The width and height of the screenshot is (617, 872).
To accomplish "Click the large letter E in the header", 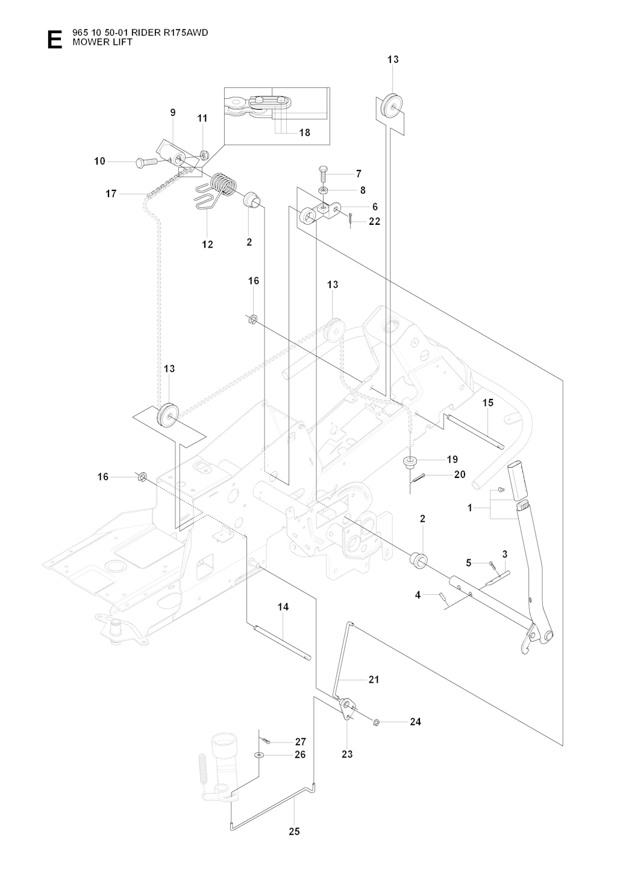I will [x=54, y=39].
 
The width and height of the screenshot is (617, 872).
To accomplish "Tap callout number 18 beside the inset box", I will [x=305, y=133].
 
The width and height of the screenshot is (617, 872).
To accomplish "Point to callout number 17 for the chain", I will [x=110, y=193].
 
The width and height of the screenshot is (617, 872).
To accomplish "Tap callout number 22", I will [x=374, y=222].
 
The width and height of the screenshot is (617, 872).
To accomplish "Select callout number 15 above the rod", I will [x=487, y=403].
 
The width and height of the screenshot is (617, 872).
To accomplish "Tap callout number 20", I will [x=460, y=475].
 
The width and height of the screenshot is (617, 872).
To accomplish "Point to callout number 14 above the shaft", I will [x=283, y=607].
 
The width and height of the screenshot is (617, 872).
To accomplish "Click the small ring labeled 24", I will [x=376, y=722].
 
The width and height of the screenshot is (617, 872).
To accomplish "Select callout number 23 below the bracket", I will [x=347, y=754].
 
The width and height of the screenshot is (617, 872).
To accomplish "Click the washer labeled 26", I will [x=258, y=754].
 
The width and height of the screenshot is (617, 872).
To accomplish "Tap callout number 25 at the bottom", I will [x=294, y=832].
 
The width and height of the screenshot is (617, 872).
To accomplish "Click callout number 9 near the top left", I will [x=173, y=112].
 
